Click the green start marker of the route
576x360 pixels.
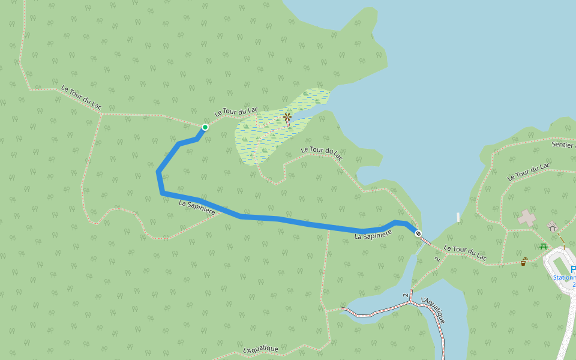[x=205, y=127]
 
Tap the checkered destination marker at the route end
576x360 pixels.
[x=418, y=233]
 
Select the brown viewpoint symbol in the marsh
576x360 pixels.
[x=287, y=118]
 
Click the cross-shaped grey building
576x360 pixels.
[x=527, y=218]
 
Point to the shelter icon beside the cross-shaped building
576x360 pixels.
[x=552, y=226]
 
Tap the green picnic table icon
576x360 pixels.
[x=544, y=246]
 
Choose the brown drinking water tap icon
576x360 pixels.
[x=524, y=262]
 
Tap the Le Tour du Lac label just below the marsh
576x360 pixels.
[x=322, y=154]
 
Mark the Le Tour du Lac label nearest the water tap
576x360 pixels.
[x=465, y=253]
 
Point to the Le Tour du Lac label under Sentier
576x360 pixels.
[x=528, y=172]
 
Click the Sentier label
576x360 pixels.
[x=563, y=145]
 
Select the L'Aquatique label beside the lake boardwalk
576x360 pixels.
[x=433, y=310]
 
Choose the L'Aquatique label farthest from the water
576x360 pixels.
[x=261, y=349]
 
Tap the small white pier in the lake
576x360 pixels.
[x=458, y=217]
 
